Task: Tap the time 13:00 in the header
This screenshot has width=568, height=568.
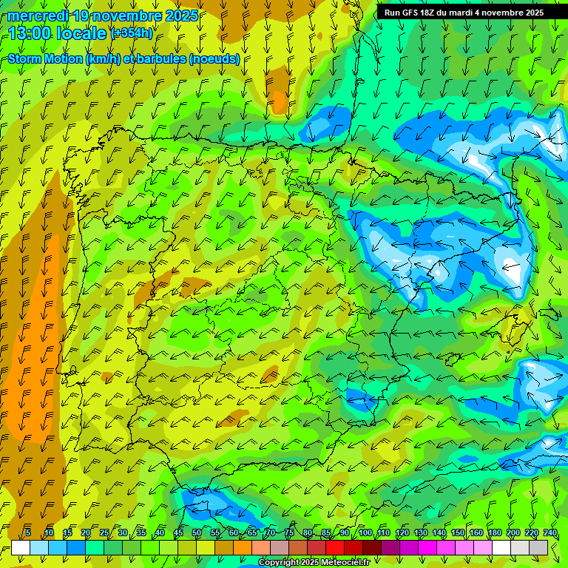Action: [30, 33]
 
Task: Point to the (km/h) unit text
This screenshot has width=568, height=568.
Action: [102, 59]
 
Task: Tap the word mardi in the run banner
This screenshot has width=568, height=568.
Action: [467, 13]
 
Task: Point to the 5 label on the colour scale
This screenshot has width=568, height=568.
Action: [28, 533]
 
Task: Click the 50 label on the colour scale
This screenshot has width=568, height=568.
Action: [197, 533]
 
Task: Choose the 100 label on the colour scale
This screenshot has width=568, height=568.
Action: [365, 533]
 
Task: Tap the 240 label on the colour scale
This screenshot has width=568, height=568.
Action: [550, 533]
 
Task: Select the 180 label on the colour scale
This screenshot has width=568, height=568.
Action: [495, 533]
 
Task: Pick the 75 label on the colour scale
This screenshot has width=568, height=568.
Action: [289, 533]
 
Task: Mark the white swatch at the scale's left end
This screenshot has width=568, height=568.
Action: [21, 547]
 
